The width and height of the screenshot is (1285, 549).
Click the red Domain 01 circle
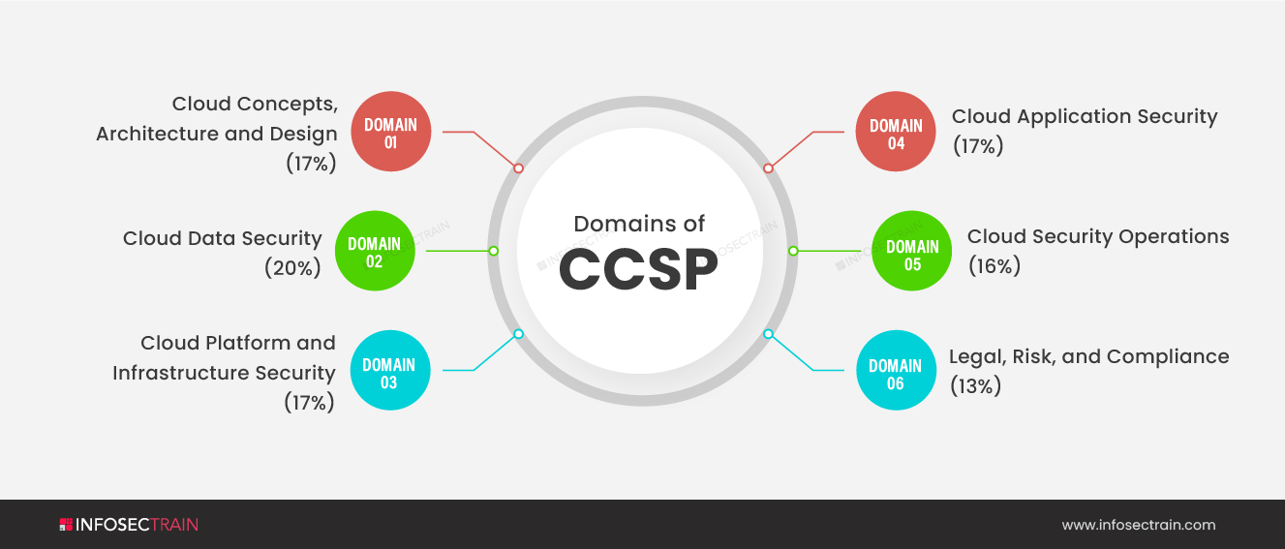[390, 132]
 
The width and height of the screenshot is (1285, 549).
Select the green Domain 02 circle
[375, 251]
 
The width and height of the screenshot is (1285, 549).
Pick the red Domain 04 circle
[896, 132]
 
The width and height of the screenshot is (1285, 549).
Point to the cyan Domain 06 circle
[896, 372]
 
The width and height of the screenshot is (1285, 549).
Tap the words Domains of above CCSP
[639, 224]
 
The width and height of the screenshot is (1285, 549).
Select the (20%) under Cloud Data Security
[292, 268]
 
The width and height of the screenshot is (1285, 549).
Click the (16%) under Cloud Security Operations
[994, 266]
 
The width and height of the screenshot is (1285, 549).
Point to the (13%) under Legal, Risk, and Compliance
[975, 385]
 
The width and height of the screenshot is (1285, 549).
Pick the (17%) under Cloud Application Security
[978, 146]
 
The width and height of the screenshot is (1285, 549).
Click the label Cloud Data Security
[222, 238]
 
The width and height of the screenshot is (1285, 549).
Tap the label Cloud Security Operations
[1098, 236]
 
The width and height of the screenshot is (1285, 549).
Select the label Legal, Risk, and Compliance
[1088, 356]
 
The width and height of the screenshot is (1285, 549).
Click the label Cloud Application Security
[1085, 116]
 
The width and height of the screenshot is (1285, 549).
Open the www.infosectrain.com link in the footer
[1138, 525]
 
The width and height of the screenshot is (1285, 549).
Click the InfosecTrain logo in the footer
[129, 525]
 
